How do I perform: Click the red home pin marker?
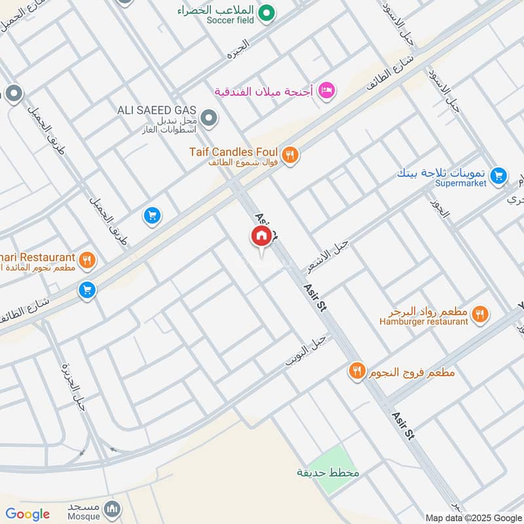click(261, 237)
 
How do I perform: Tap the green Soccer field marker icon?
click(266, 12)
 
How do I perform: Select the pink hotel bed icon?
click(326, 90)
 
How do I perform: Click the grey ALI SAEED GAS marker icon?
click(208, 119)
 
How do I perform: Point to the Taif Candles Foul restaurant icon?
click(291, 155)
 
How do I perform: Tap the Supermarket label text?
click(460, 184)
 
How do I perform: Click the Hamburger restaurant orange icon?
click(480, 314)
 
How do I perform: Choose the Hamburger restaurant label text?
click(424, 322)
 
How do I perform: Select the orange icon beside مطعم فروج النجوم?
click(356, 371)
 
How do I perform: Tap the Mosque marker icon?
click(113, 508)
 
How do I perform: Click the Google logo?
click(28, 514)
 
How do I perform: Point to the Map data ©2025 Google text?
click(474, 517)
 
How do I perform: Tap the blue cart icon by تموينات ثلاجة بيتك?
click(498, 175)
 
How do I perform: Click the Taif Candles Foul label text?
click(235, 152)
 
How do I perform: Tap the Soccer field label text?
click(230, 20)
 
